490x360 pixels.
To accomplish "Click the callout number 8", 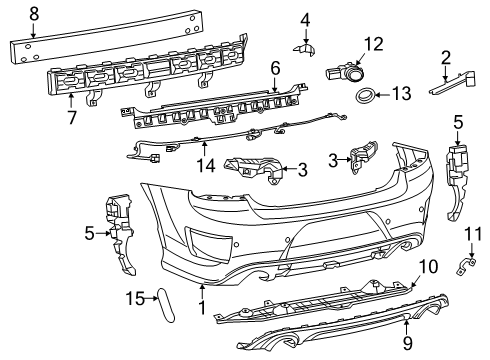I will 33,14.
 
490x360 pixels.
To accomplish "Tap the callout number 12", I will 373,43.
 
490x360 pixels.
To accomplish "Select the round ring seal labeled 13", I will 368,97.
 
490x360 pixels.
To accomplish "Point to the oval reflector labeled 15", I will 167,304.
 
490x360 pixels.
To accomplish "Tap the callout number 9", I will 407,349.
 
